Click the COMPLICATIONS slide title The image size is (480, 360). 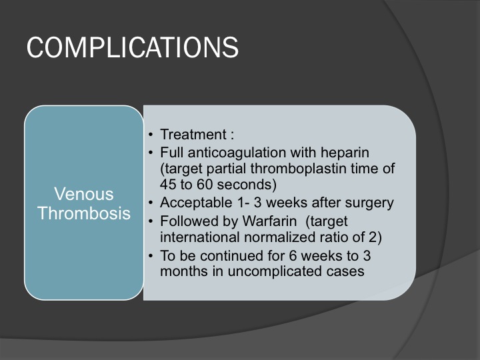pos(132,47)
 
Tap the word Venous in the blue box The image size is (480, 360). pos(84,194)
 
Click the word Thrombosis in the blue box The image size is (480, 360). pos(84,213)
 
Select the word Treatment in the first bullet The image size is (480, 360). pos(193,135)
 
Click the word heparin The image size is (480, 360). pos(345,153)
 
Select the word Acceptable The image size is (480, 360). pos(196,203)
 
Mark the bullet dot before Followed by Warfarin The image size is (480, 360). pos(150,221)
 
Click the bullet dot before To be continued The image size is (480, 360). pos(150,255)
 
